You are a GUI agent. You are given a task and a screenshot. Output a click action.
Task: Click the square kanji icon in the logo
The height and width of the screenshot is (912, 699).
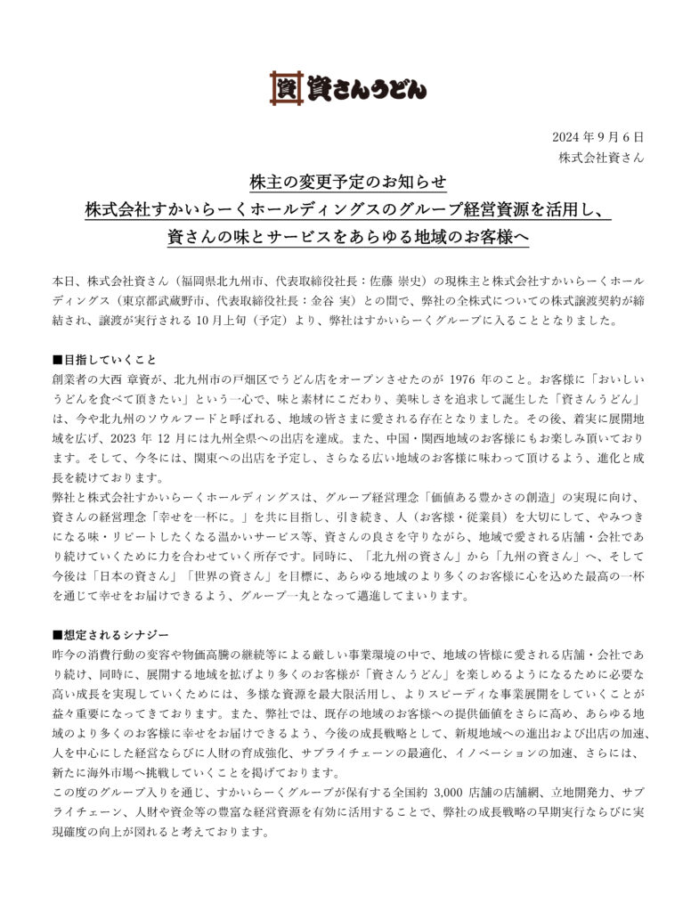pyautogui.click(x=286, y=88)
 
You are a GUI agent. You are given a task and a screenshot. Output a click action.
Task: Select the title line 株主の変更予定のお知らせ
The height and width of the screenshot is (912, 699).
pyautogui.click(x=349, y=183)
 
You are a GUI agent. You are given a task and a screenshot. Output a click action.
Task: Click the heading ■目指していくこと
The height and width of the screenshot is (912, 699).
pyautogui.click(x=104, y=360)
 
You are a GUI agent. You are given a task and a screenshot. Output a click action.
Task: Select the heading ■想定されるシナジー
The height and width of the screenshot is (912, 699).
pyautogui.click(x=110, y=634)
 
